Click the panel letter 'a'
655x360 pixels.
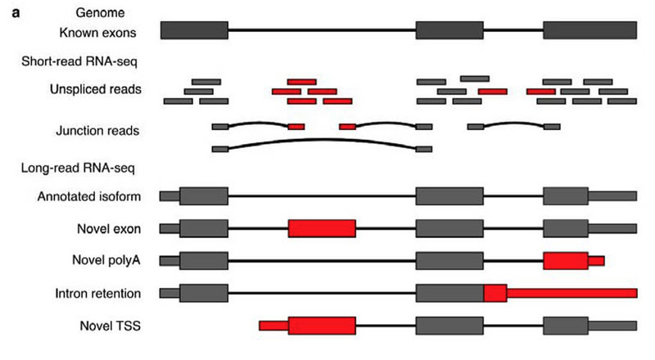[x=16, y=13]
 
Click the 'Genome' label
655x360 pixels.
[x=100, y=12]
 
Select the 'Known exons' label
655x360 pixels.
[x=97, y=33]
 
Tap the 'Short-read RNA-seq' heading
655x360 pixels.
[x=79, y=61]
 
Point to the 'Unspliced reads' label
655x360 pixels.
[x=96, y=89]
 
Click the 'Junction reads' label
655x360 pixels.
[x=97, y=131]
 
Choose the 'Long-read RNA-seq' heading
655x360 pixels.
[x=78, y=168]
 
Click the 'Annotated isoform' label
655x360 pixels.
[x=89, y=196]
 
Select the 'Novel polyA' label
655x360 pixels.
[x=106, y=260]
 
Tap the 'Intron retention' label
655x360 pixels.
[x=97, y=293]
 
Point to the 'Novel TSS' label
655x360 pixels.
[x=111, y=326]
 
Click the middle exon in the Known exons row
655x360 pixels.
[x=449, y=30]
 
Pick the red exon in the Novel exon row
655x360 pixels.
[x=322, y=228]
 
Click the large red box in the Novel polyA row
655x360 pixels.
[x=566, y=261]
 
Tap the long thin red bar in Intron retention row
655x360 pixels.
[x=571, y=293]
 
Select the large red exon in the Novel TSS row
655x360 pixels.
[x=322, y=326]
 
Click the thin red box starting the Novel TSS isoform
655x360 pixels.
[x=273, y=326]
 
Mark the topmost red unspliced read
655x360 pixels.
[x=301, y=82]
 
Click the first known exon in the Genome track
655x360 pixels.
[x=194, y=30]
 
